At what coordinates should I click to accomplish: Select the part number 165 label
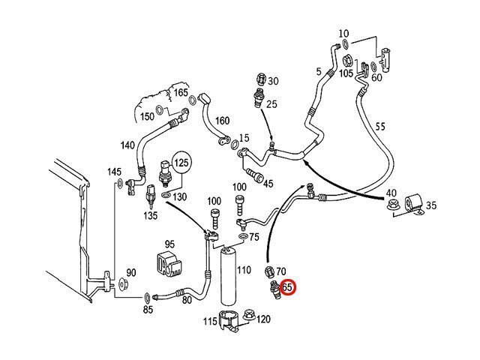pos(181,93)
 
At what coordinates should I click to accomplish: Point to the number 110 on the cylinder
pos(243,269)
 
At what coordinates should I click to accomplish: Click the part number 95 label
pos(169,244)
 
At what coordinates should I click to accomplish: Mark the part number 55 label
pos(380,127)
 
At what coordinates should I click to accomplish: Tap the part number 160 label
pos(222,121)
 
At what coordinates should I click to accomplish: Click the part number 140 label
pos(127,145)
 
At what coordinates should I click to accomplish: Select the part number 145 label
pos(114,172)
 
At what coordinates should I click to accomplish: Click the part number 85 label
pos(148,308)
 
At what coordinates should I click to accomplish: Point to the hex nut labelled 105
pos(348,60)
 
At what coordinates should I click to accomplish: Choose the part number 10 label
pos(344,34)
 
